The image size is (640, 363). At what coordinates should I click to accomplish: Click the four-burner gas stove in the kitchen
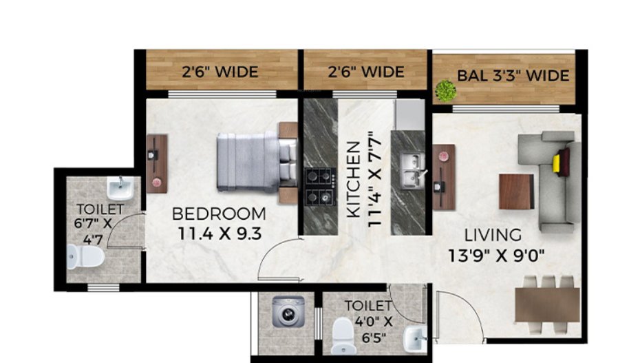pos(320,186)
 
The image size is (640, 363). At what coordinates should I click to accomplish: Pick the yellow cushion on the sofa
pos(556,163)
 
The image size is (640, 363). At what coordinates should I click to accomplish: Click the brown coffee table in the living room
pos(516,191)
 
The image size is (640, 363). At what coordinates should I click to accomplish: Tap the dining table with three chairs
pos(547,303)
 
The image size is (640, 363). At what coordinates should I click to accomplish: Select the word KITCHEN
pos(353,180)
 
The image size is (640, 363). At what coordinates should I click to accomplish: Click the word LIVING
pos(492,235)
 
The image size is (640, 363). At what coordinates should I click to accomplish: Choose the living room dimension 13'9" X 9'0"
pos(495,256)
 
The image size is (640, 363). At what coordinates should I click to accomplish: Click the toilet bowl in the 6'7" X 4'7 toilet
pos(85,257)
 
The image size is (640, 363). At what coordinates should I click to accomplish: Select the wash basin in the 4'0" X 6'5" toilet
pos(416,338)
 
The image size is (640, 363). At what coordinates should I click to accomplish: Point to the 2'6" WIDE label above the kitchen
pos(365,72)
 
